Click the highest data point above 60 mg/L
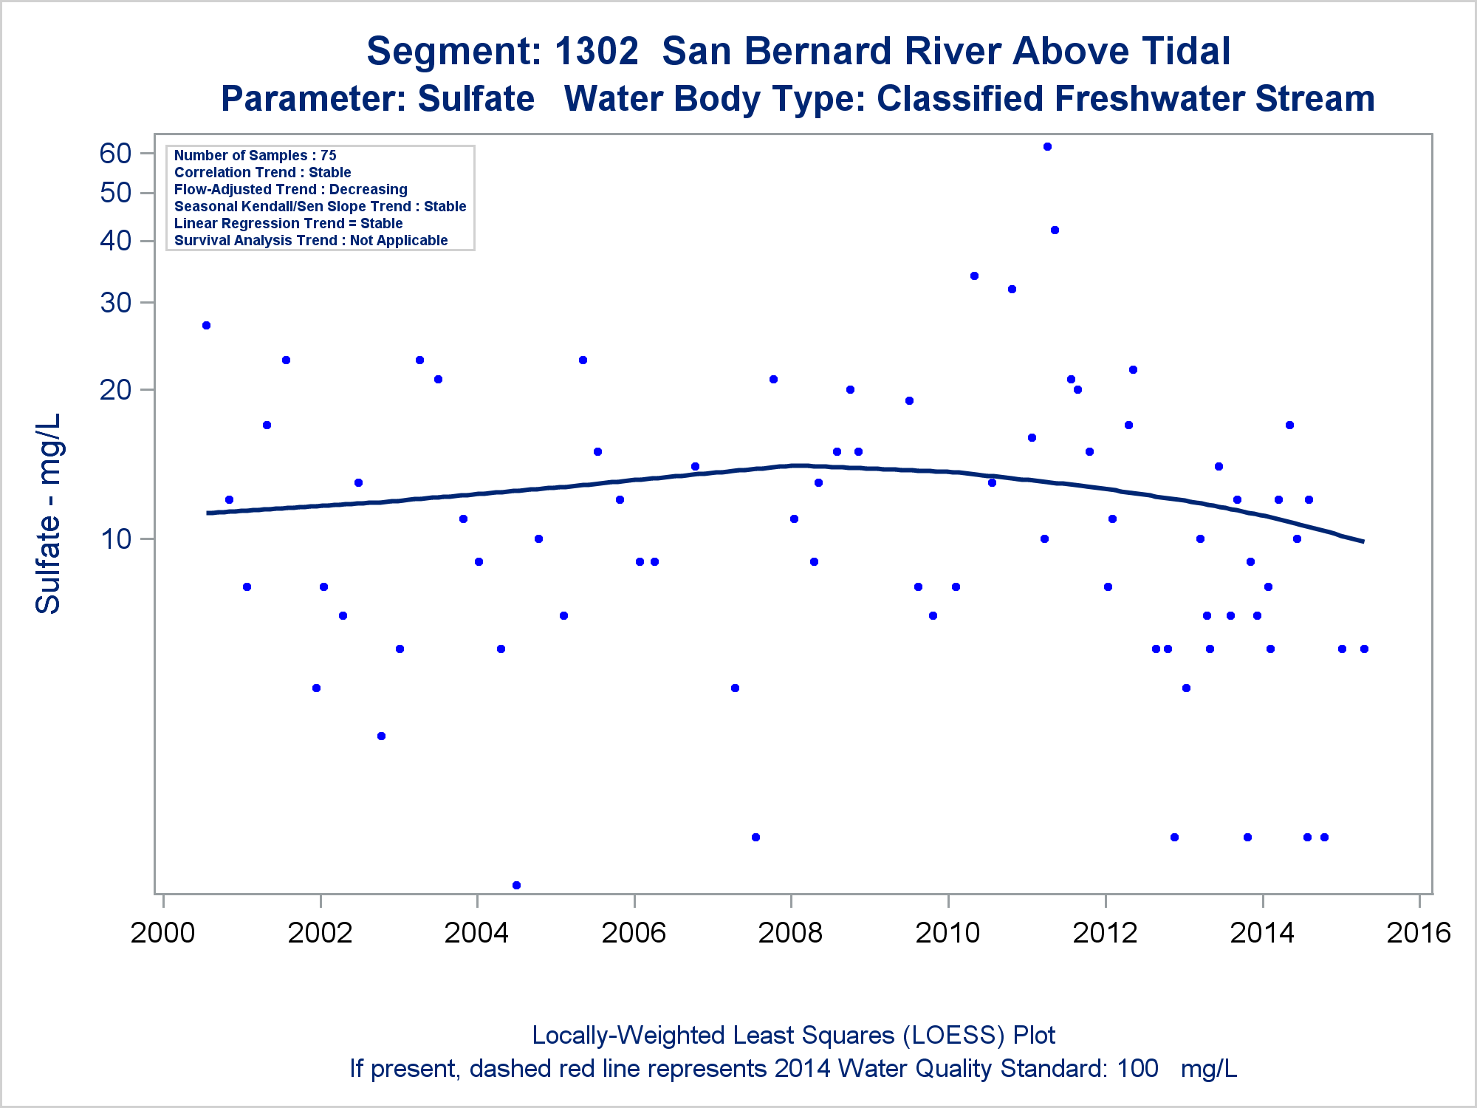point(1047,146)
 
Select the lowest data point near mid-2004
point(516,885)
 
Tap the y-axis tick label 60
point(116,154)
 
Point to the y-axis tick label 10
point(116,539)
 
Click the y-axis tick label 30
point(116,303)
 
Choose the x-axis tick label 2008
point(790,933)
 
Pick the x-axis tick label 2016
point(1419,933)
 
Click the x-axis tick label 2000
point(162,933)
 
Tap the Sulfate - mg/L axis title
point(48,513)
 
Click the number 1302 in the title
point(596,52)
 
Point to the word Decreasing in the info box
point(368,190)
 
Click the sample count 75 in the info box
point(329,156)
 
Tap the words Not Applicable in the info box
point(399,241)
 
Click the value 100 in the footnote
point(1137,1069)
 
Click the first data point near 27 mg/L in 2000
point(206,325)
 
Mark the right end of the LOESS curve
point(1363,541)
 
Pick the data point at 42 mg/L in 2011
point(1055,230)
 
